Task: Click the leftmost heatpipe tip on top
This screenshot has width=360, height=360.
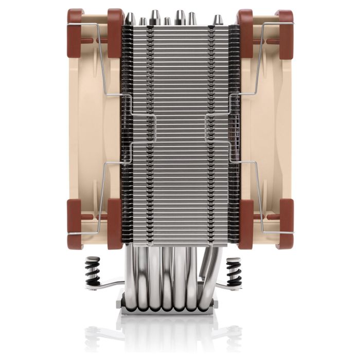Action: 131,19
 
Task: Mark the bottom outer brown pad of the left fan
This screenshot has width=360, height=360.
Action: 75,224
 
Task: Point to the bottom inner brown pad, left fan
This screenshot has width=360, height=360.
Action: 115,224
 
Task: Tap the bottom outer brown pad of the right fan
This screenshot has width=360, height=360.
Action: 284,224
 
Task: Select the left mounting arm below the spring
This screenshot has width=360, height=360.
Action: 109,285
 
